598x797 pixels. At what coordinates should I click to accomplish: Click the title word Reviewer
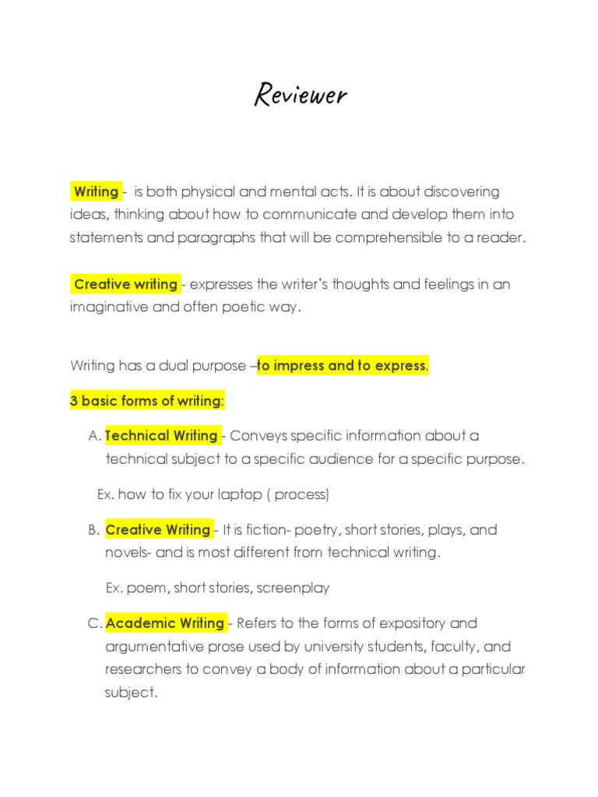point(300,95)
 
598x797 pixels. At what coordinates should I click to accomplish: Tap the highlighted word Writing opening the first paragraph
point(95,191)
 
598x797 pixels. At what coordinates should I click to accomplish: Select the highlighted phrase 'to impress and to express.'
point(343,365)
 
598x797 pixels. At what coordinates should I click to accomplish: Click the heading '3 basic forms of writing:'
point(147,401)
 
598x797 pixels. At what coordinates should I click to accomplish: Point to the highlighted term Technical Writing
point(161,436)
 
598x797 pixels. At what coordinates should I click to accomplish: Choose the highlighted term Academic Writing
point(165,623)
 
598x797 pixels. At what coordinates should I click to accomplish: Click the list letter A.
point(94,436)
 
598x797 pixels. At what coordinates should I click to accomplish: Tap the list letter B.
point(93,530)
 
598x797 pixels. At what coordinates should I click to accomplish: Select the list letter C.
point(94,623)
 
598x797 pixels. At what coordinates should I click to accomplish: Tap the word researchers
point(142,669)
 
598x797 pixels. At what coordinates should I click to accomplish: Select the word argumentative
point(157,646)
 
